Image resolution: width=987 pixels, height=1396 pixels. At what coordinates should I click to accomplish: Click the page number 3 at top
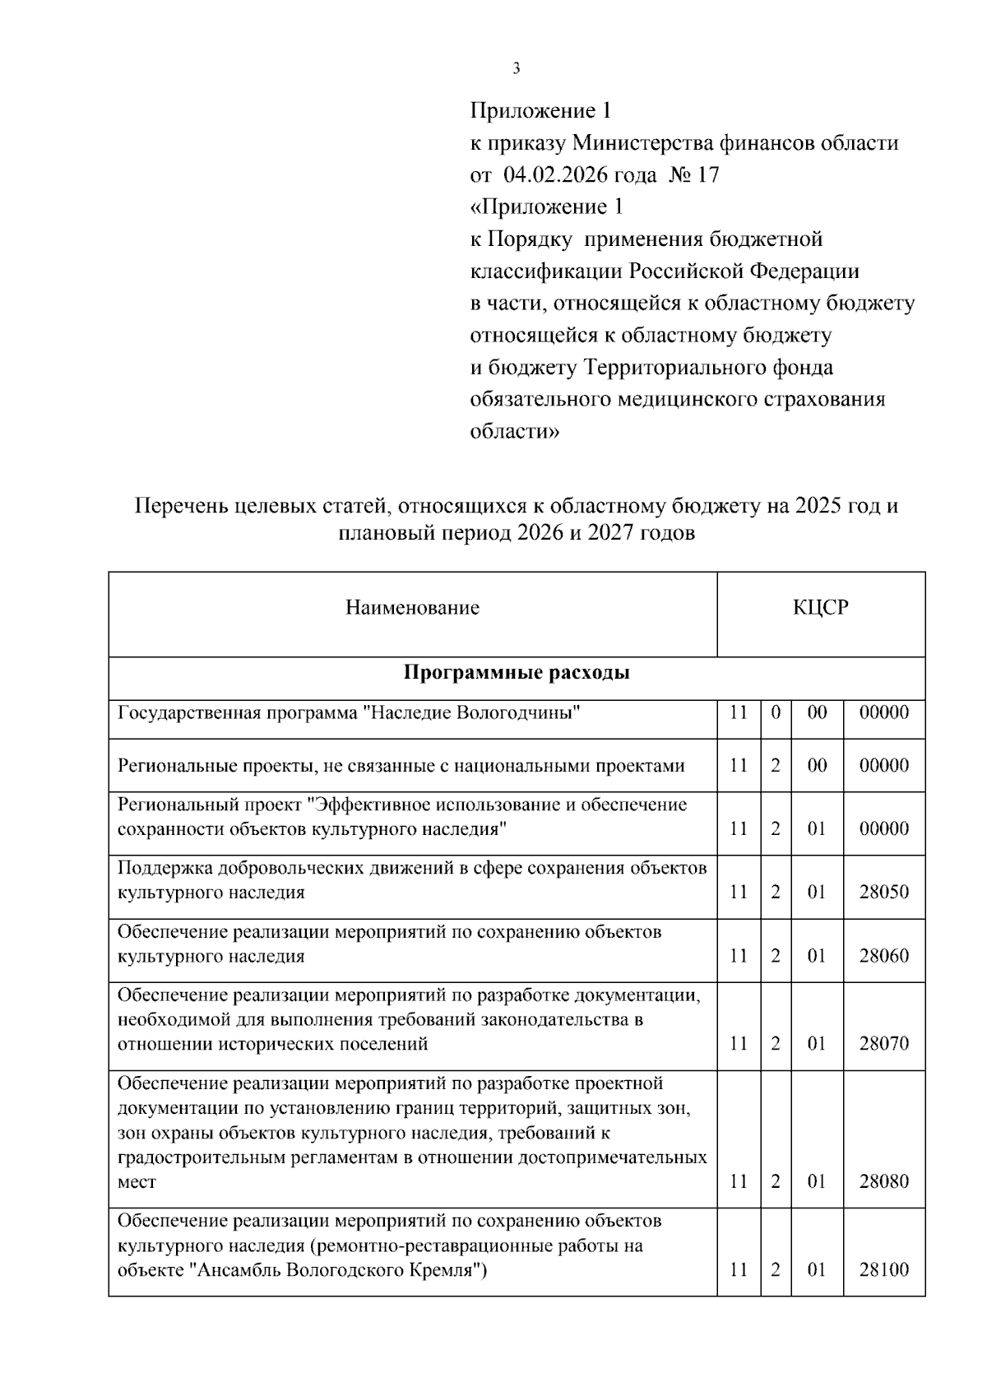(516, 68)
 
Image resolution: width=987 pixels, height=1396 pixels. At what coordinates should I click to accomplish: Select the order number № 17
(699, 175)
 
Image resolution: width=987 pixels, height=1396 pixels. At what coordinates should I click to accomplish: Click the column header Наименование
(412, 608)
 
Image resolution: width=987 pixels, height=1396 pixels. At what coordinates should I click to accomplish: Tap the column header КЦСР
(820, 608)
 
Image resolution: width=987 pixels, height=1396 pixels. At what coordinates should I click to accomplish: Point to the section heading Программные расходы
(517, 673)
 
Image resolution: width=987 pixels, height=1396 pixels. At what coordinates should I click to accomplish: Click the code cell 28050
(884, 892)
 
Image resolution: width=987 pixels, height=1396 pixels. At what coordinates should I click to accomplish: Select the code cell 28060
(884, 956)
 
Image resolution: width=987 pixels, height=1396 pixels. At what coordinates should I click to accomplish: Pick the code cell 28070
(884, 1044)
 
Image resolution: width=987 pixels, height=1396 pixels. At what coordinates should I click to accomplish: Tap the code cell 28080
(884, 1182)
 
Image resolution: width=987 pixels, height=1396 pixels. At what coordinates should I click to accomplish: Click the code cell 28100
(884, 1270)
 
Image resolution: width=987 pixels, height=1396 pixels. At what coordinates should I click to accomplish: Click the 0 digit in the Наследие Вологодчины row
(776, 712)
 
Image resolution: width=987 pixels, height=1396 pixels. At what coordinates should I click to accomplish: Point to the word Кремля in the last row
(449, 1270)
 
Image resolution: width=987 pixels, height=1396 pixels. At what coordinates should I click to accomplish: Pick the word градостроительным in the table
(198, 1157)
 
